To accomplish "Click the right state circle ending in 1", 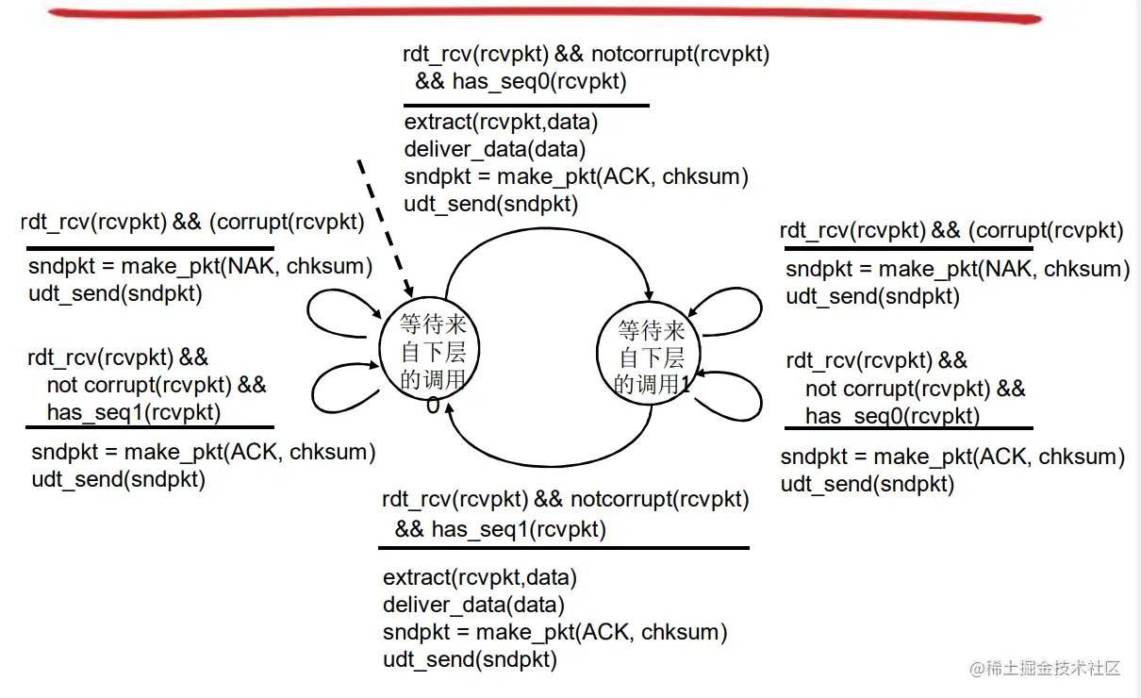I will [652, 357].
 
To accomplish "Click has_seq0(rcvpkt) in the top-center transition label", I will [538, 81].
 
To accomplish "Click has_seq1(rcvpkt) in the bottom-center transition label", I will [519, 529].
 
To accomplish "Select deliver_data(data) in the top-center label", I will [495, 149].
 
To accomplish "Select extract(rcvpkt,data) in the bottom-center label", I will [480, 577].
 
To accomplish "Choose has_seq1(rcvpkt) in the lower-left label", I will [134, 412].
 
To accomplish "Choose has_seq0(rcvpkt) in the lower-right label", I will [892, 416].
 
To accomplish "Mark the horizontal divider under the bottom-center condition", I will [566, 548].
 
